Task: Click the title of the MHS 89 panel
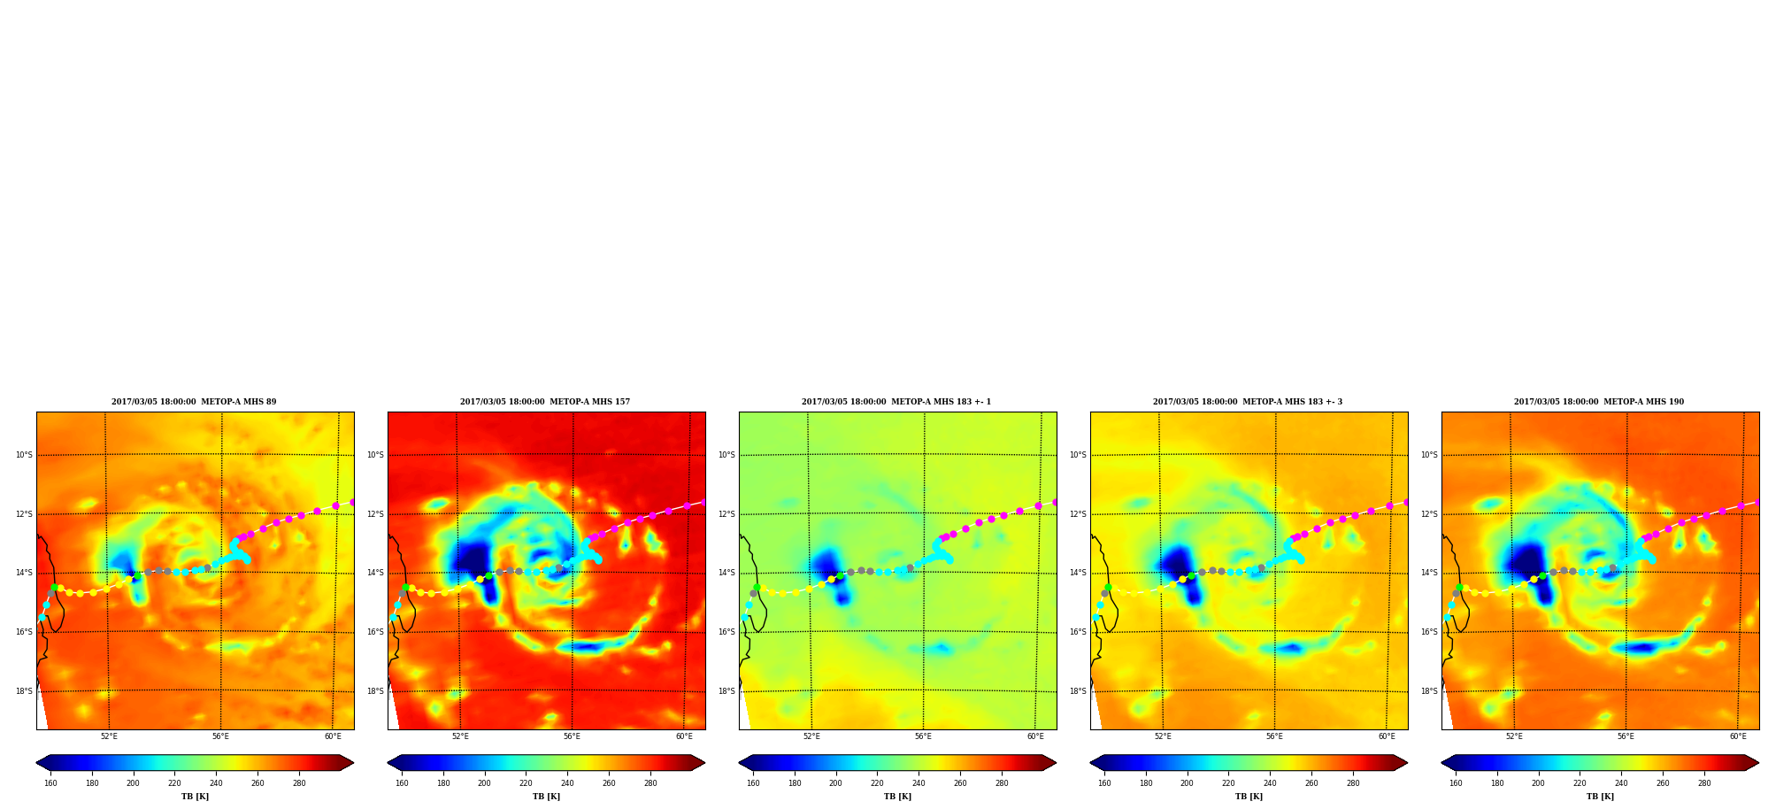pos(194,402)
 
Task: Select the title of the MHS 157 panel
pos(545,402)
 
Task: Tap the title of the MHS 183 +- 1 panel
pos(896,402)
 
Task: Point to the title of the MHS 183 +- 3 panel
pos(1248,402)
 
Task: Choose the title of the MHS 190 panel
pos(1599,402)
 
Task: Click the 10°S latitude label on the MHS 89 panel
pos(24,455)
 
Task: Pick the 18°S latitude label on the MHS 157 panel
pos(375,691)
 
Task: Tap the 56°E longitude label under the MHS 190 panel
pos(1626,736)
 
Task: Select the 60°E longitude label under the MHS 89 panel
pos(333,736)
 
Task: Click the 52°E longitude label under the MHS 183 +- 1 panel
pos(811,736)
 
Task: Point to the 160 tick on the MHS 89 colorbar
pos(50,782)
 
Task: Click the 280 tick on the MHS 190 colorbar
pos(1704,782)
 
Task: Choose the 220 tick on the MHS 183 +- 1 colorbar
pos(877,782)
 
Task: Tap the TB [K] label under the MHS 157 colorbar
pos(546,797)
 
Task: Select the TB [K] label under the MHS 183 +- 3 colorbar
pos(1249,797)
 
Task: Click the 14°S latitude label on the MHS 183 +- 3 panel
pos(1078,573)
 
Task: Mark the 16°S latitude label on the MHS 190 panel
pos(1429,632)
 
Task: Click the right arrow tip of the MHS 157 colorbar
pos(704,763)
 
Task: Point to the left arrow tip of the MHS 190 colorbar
pos(1441,763)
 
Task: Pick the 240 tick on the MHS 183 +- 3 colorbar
pos(1270,782)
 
